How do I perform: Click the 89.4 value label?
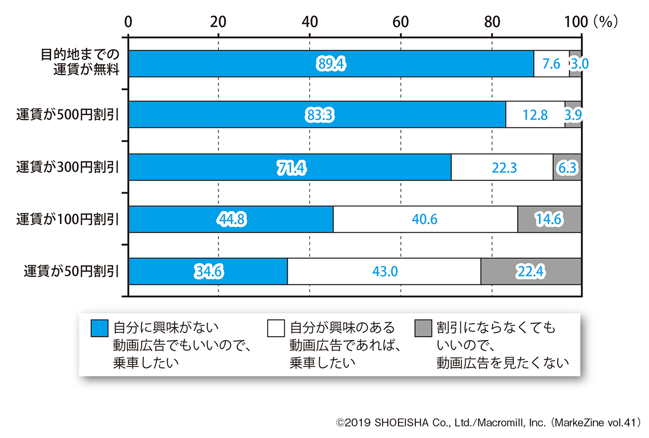pyautogui.click(x=331, y=64)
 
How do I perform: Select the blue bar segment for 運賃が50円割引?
pyautogui.click(x=208, y=271)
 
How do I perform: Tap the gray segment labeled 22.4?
pyautogui.click(x=531, y=271)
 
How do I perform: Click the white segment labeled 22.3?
pyautogui.click(x=502, y=168)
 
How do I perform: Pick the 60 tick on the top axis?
pyautogui.click(x=400, y=22)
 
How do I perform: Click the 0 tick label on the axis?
pyautogui.click(x=128, y=22)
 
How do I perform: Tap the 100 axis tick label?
pyautogui.click(x=575, y=22)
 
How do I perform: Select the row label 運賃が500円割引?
pyautogui.click(x=68, y=115)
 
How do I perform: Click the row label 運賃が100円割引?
pyautogui.click(x=68, y=219)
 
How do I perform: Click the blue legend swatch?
pyautogui.click(x=100, y=328)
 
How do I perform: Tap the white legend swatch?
pyautogui.click(x=276, y=328)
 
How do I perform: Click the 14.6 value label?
pyautogui.click(x=549, y=219)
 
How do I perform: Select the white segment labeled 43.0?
pyautogui.click(x=384, y=271)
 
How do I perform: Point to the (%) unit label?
pyautogui.click(x=605, y=22)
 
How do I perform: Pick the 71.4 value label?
pyautogui.click(x=291, y=168)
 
